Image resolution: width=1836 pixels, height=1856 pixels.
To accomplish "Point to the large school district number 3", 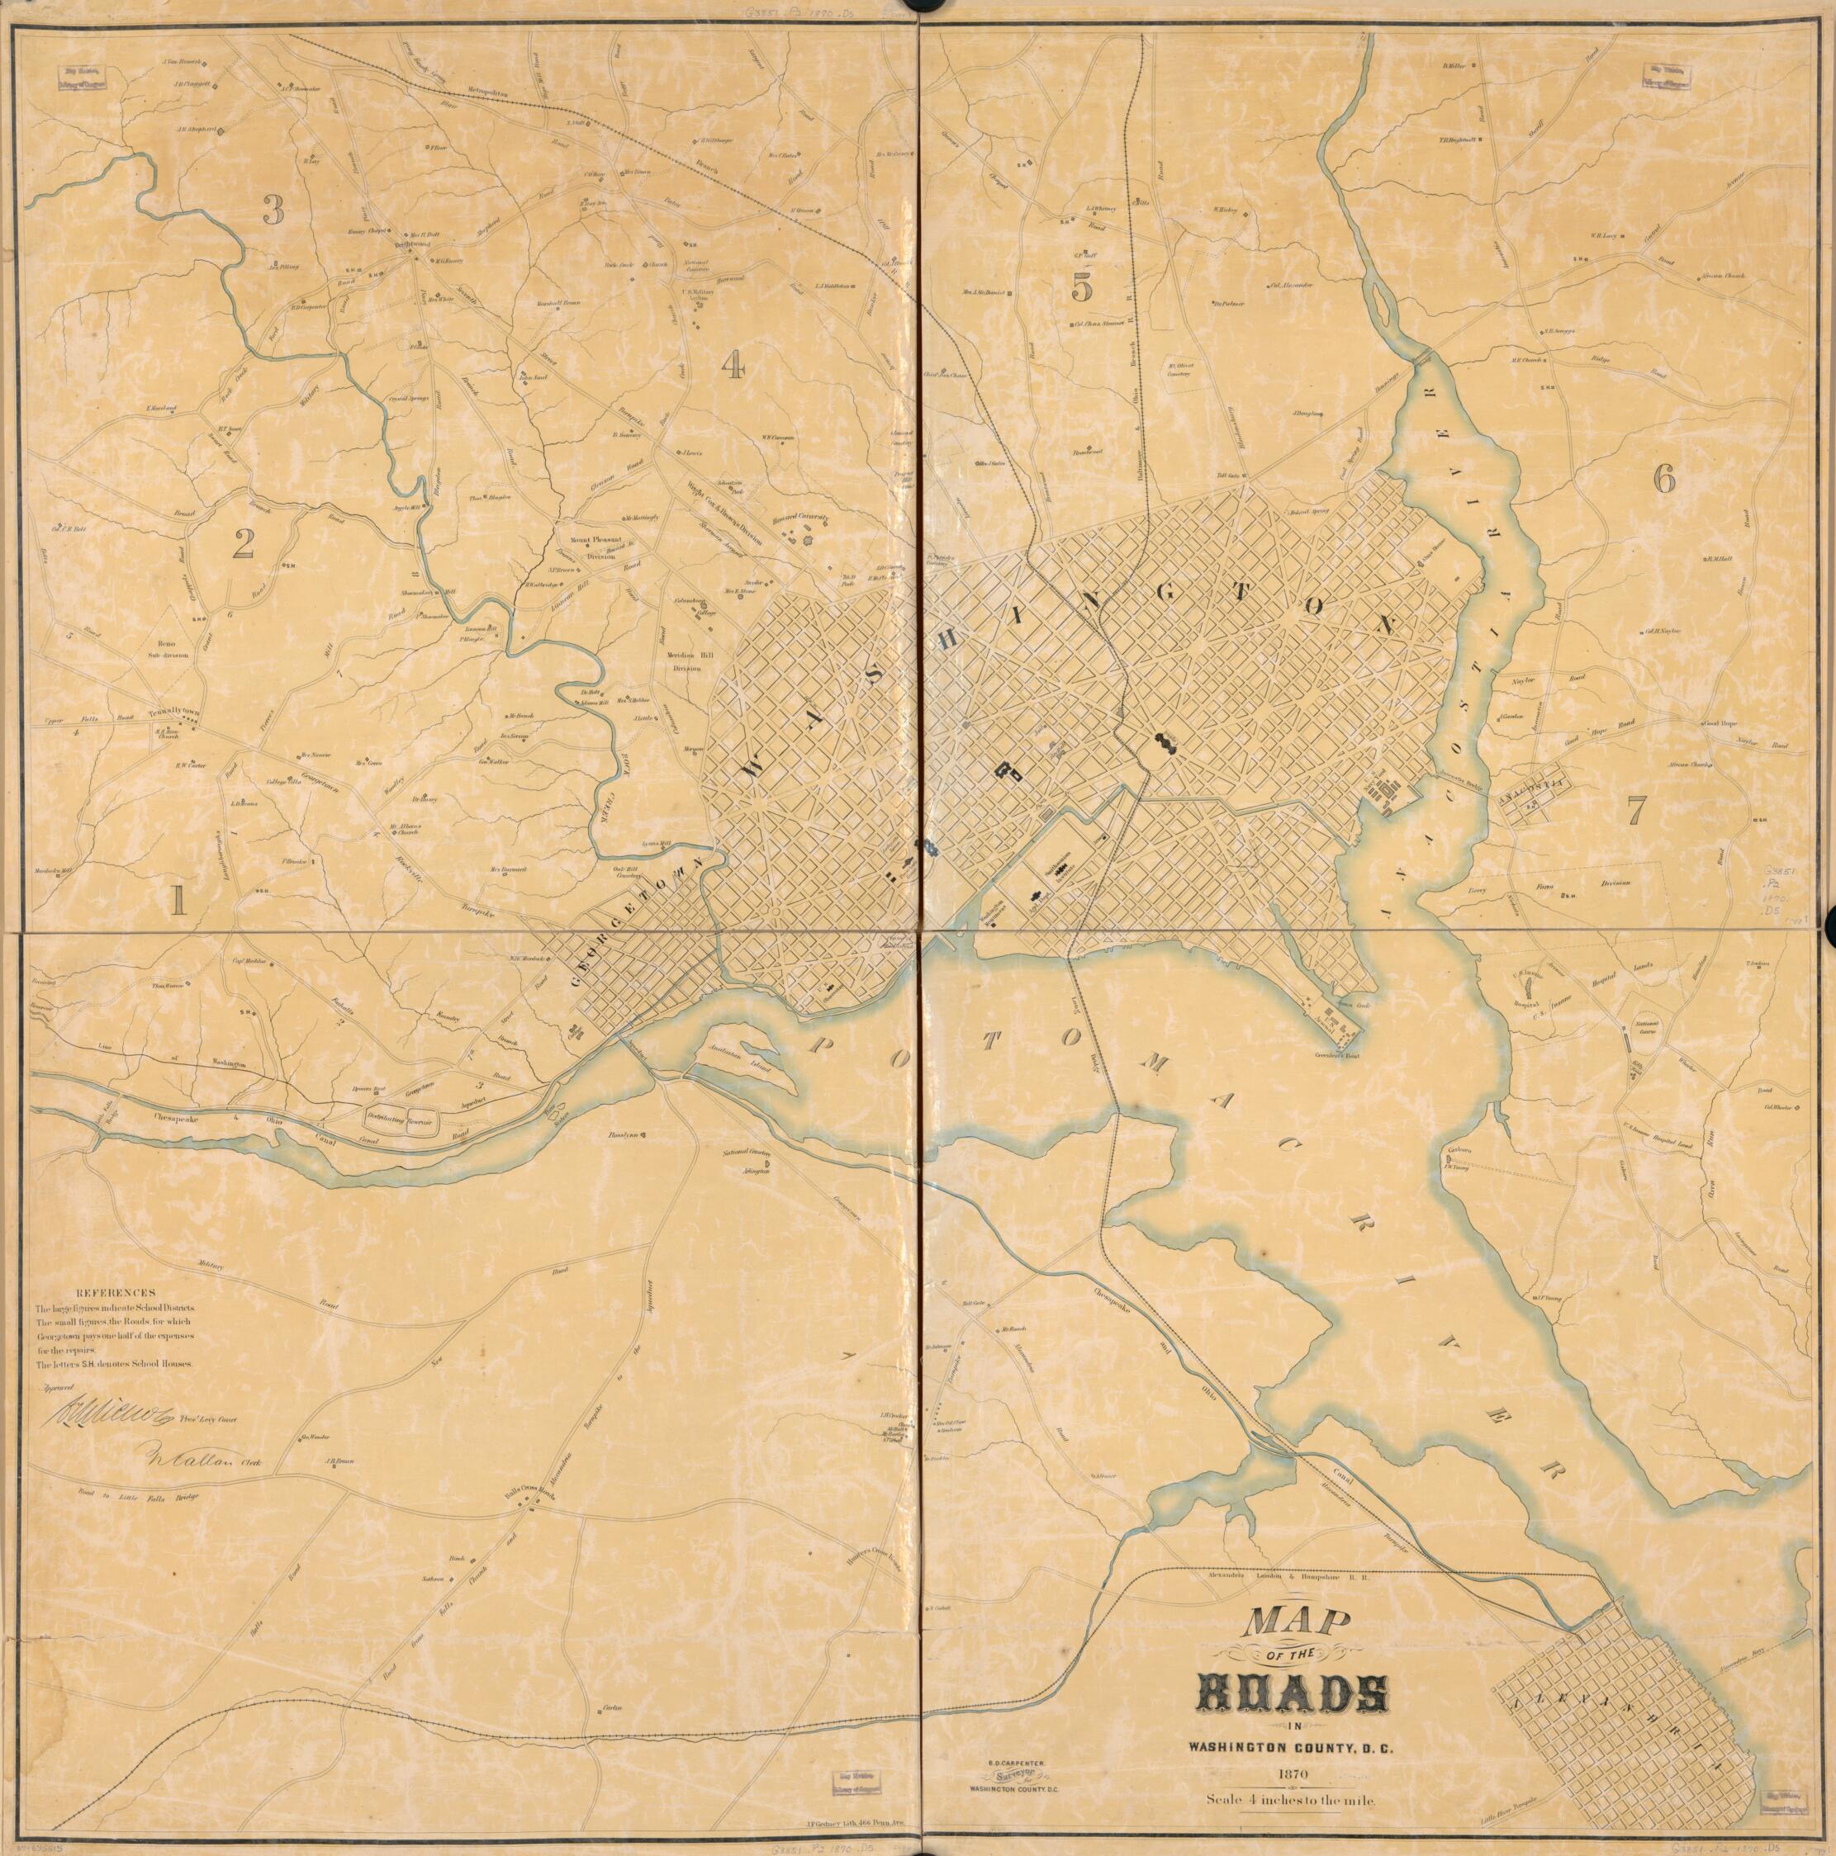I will [x=274, y=210].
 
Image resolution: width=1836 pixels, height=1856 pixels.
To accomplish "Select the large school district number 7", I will [x=1635, y=812].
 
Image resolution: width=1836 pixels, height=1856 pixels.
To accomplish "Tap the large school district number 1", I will [x=177, y=900].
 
